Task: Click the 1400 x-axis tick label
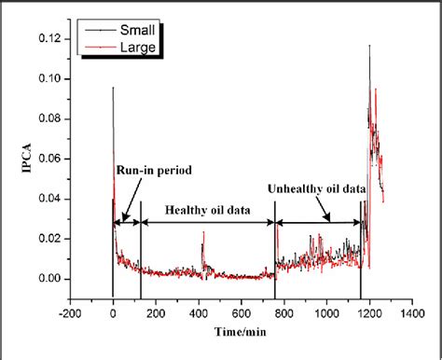pyautogui.click(x=410, y=314)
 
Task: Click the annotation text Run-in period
pyautogui.click(x=148, y=171)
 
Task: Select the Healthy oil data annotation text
pyautogui.click(x=209, y=210)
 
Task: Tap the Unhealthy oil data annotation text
pyautogui.click(x=316, y=189)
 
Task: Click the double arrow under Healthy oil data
pyautogui.click(x=208, y=221)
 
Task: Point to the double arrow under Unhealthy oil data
pyautogui.click(x=318, y=221)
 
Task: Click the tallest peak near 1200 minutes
pyautogui.click(x=370, y=45)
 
